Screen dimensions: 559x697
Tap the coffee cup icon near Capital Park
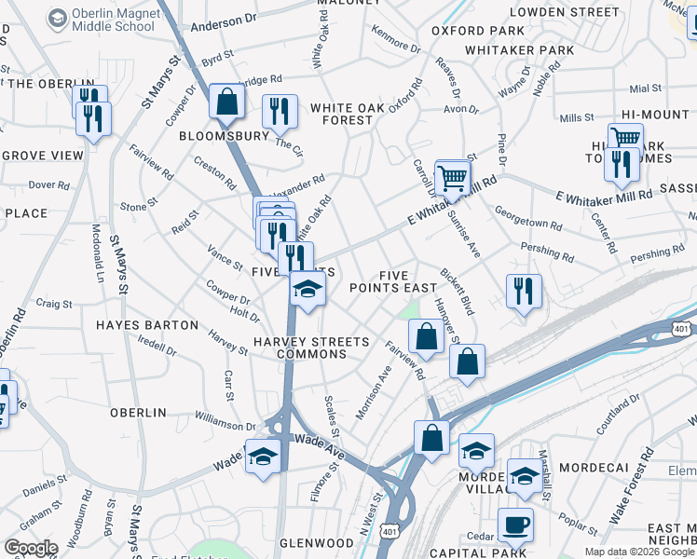pyautogui.click(x=515, y=525)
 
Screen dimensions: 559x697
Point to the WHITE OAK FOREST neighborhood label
pyautogui.click(x=348, y=114)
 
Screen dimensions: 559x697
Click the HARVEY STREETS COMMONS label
pyautogui.click(x=300, y=348)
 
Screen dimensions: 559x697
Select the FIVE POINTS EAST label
pyautogui.click(x=393, y=281)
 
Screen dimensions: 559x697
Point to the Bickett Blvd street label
pyautogui.click(x=458, y=292)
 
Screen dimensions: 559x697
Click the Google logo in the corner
pyautogui.click(x=30, y=548)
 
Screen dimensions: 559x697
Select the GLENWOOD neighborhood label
pyautogui.click(x=316, y=543)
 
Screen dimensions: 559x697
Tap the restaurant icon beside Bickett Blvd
pyautogui.click(x=524, y=290)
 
